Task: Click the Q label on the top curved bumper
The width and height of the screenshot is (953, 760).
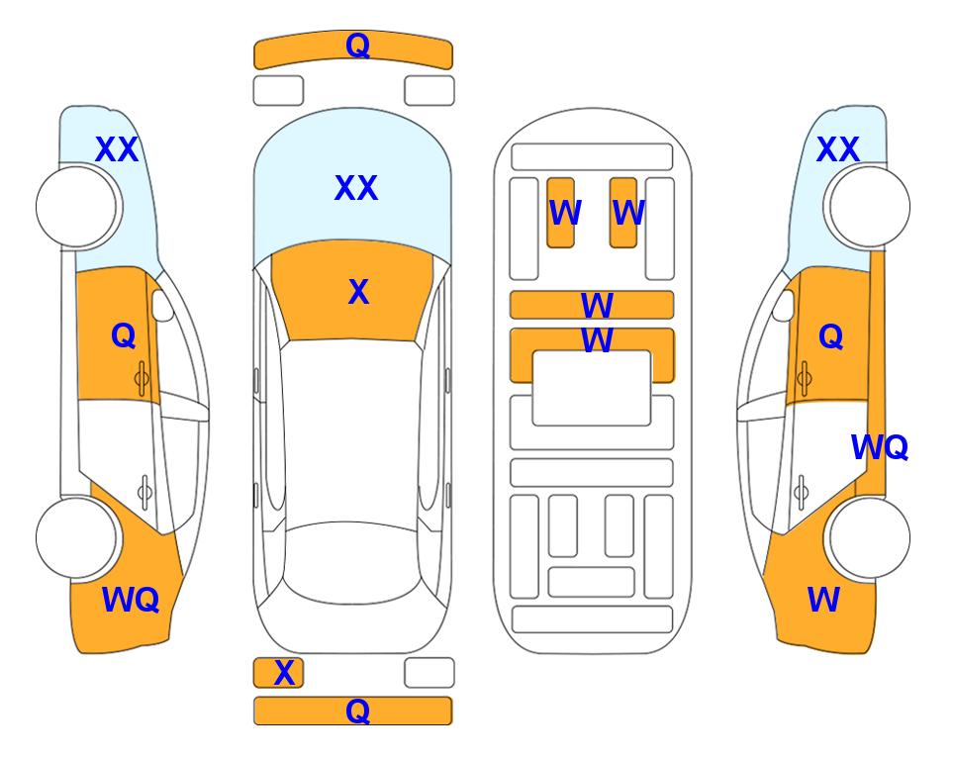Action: [x=357, y=46]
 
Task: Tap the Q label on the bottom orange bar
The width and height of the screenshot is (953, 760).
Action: [x=357, y=711]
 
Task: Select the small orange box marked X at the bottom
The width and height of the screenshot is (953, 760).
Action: [x=278, y=673]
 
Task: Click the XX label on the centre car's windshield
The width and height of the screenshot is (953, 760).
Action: [x=356, y=187]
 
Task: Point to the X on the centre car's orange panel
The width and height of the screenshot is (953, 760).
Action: [x=358, y=292]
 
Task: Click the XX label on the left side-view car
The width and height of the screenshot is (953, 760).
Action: [x=117, y=149]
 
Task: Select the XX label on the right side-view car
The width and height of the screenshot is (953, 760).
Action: [x=837, y=149]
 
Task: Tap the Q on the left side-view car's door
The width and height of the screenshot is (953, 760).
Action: [x=124, y=335]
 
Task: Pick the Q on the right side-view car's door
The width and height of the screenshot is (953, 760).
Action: [x=831, y=336]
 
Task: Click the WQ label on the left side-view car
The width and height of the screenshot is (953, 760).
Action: [x=131, y=600]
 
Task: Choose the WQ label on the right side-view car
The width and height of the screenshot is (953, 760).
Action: [x=880, y=447]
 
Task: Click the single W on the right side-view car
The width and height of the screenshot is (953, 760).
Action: [x=823, y=600]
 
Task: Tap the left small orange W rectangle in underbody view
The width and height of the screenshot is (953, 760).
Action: [x=560, y=213]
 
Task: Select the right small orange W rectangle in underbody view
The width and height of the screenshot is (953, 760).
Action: [x=623, y=213]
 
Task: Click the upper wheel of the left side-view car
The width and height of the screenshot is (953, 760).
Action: [x=76, y=207]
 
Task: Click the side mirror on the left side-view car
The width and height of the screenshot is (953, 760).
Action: [x=162, y=305]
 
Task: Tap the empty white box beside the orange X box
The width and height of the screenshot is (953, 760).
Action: [x=429, y=673]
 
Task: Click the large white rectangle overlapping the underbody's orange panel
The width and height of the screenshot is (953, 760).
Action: [x=592, y=388]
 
